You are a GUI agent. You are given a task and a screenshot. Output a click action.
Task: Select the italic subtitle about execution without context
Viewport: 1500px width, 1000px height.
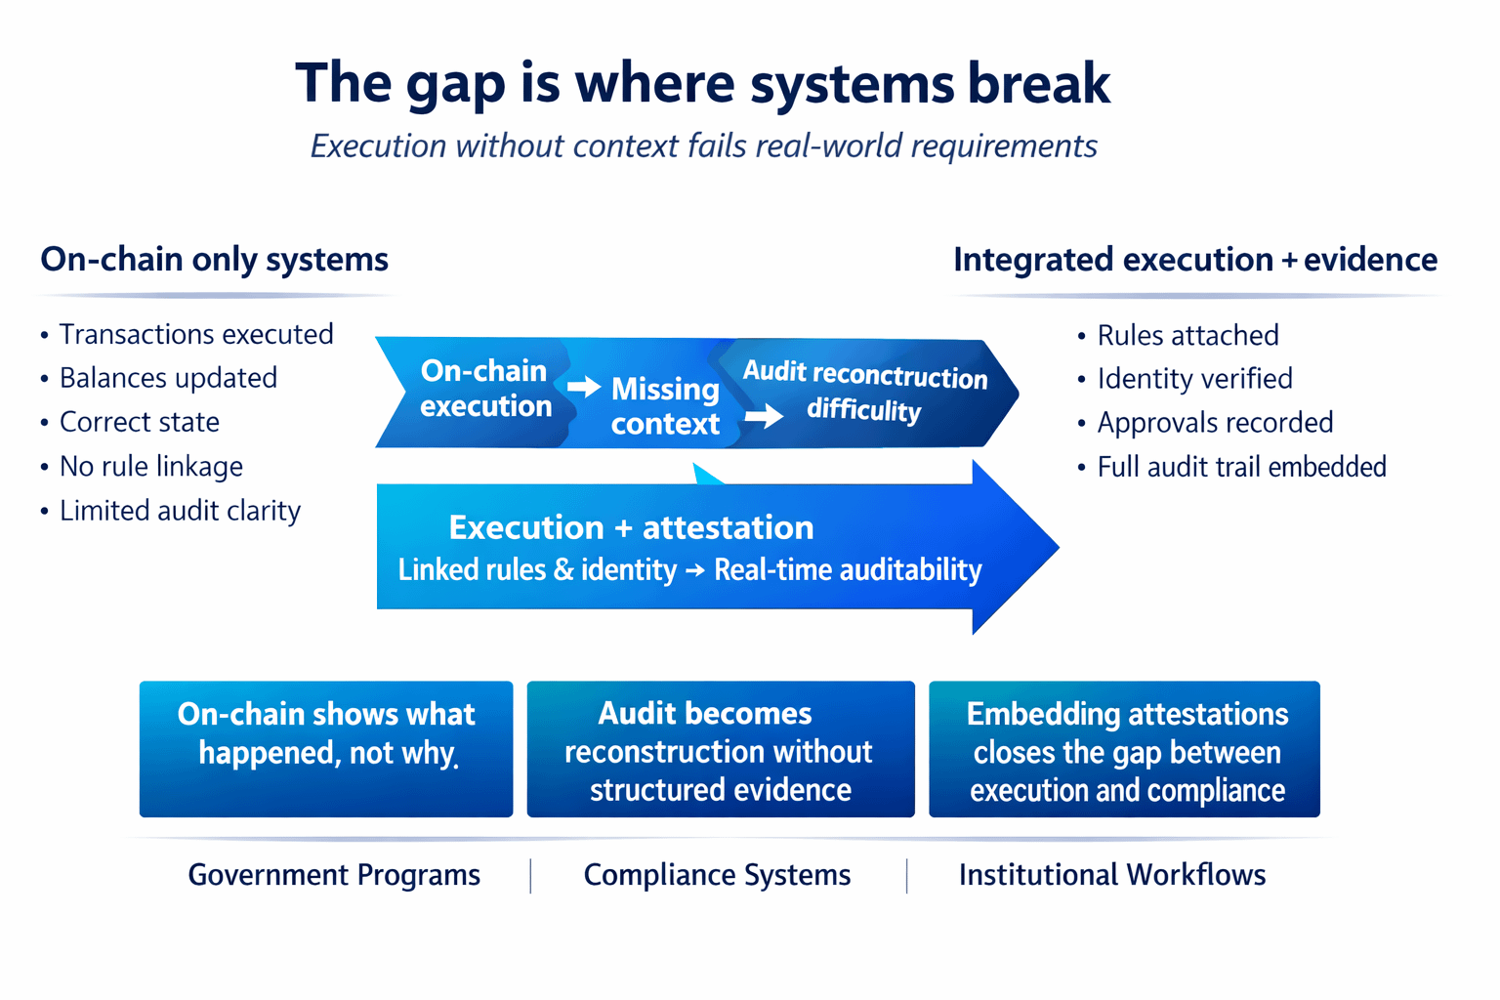[x=703, y=146]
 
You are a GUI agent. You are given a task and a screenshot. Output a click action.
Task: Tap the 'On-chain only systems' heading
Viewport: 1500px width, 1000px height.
[x=214, y=260]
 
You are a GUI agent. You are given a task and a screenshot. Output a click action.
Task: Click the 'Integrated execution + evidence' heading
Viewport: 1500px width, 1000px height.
[x=1194, y=260]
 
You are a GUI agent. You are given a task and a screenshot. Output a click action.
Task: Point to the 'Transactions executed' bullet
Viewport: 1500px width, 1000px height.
[x=195, y=334]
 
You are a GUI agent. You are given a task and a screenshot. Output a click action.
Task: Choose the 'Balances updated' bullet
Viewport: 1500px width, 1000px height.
[x=168, y=378]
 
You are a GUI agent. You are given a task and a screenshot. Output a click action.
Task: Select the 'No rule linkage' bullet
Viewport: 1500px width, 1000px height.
[x=150, y=467]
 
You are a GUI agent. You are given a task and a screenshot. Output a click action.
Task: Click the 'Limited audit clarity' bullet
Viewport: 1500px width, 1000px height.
[x=180, y=511]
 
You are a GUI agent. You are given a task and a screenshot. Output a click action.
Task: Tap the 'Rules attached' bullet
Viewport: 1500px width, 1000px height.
[x=1187, y=336]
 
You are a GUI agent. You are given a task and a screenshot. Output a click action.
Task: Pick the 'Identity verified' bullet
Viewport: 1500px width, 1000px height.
[x=1194, y=379]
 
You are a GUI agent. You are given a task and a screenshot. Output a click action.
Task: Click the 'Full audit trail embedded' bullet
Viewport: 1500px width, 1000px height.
[x=1241, y=467]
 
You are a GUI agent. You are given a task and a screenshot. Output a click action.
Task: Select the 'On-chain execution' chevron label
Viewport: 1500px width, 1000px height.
[x=485, y=389]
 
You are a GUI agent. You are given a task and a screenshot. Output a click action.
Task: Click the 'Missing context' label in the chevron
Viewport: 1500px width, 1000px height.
[x=665, y=406]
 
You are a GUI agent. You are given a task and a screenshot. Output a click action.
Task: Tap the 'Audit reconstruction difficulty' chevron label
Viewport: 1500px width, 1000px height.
[x=864, y=392]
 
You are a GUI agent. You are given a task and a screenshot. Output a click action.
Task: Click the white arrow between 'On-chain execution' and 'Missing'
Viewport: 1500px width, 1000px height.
[x=584, y=387]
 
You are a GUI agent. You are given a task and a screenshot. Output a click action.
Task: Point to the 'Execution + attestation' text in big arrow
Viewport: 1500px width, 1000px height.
[x=631, y=527]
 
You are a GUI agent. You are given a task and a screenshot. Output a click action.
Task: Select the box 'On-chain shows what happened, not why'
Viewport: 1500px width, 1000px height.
[x=326, y=749]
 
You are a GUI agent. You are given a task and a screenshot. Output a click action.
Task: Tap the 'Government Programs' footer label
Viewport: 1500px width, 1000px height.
[x=334, y=875]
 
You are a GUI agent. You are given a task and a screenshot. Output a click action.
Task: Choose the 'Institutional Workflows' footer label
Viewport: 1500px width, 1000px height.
[x=1111, y=875]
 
